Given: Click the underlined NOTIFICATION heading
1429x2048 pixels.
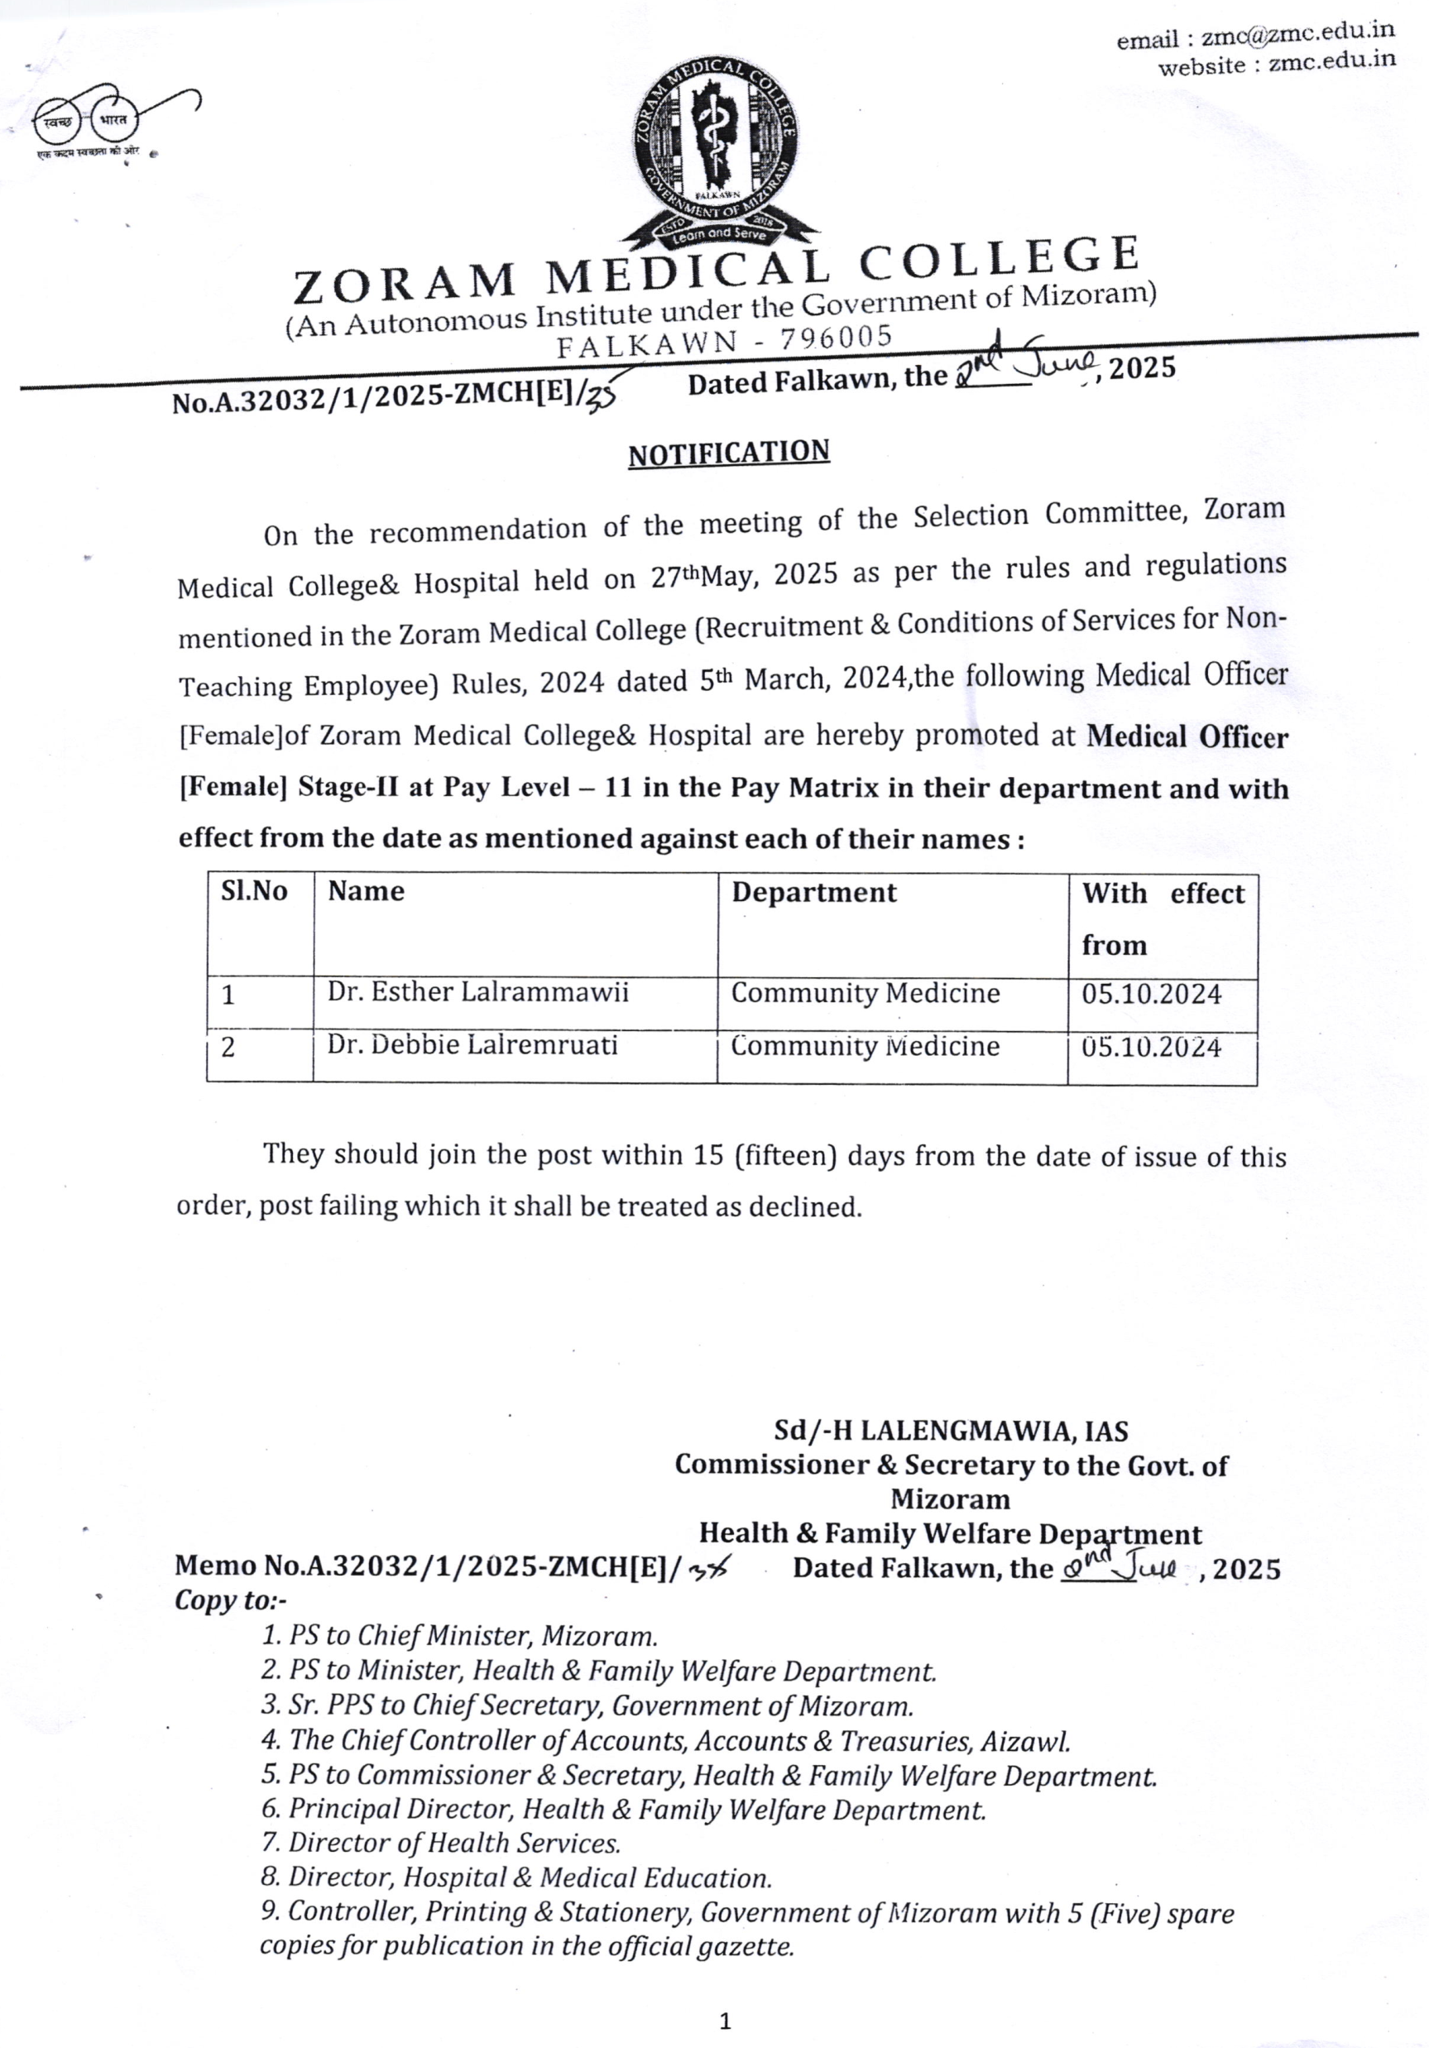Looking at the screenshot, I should tap(729, 453).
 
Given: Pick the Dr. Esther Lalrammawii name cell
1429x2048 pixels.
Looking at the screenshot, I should tap(478, 992).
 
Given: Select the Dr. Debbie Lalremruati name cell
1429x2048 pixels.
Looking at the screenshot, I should tap(472, 1044).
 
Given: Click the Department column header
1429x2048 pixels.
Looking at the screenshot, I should tap(813, 893).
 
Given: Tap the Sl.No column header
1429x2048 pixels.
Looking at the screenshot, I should tap(254, 891).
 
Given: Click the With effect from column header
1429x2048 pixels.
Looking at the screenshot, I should tap(1162, 918).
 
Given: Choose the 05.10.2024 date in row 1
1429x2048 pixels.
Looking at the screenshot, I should tap(1151, 995).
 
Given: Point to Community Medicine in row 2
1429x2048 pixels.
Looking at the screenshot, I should tap(865, 1046).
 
